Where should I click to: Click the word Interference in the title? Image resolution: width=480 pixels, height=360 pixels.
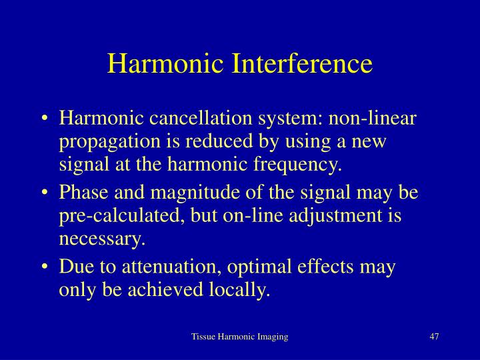(x=301, y=64)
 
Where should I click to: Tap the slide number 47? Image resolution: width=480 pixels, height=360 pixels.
(x=434, y=337)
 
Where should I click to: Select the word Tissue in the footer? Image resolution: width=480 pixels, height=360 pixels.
(x=203, y=337)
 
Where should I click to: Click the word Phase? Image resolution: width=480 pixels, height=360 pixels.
(x=81, y=193)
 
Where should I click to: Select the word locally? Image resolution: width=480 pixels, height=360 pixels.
(x=242, y=289)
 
